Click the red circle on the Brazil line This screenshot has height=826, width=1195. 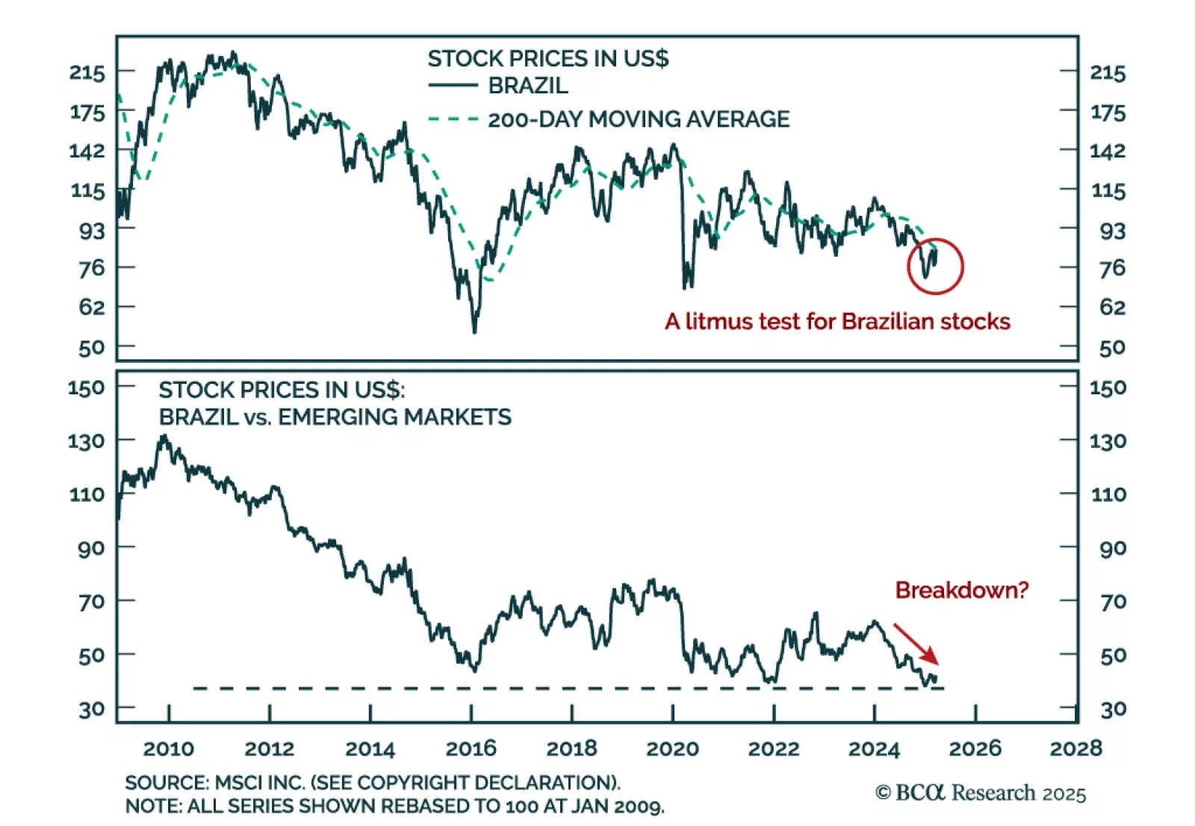click(x=935, y=266)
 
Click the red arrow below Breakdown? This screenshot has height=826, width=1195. click(x=916, y=645)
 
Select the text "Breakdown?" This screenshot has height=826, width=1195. click(x=961, y=590)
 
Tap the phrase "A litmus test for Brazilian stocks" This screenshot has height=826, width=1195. click(x=837, y=321)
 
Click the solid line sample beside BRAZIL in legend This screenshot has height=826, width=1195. click(x=453, y=86)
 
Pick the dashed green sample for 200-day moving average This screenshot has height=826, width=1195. click(x=453, y=119)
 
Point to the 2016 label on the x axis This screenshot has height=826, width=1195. click(x=471, y=748)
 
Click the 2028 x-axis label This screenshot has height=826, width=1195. click(x=1075, y=748)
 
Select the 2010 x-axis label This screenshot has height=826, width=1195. click(x=168, y=748)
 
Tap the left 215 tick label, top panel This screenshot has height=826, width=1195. click(x=87, y=72)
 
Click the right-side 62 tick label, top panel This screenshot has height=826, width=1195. click(x=1112, y=307)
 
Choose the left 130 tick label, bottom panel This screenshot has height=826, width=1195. click(x=86, y=441)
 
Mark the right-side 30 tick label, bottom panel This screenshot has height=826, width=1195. click(x=1113, y=709)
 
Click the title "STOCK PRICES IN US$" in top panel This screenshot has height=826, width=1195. click(x=547, y=58)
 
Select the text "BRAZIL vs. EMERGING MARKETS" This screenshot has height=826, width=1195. click(x=335, y=417)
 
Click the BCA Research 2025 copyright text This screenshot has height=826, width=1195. click(x=981, y=792)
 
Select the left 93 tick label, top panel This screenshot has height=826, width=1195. click(x=92, y=231)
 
